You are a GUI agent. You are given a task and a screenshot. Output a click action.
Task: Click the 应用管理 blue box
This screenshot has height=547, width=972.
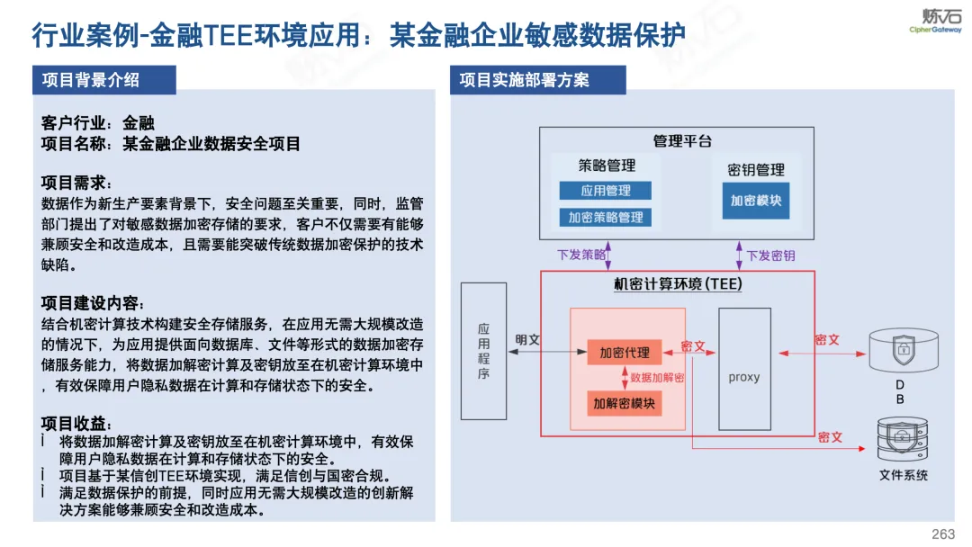pyautogui.click(x=605, y=190)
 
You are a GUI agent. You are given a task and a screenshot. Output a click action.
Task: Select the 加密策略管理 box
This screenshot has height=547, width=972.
pyautogui.click(x=605, y=218)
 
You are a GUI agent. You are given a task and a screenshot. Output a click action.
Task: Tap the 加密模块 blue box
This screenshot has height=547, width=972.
pyautogui.click(x=756, y=200)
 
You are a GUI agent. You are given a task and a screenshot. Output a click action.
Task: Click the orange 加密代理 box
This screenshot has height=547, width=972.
pyautogui.click(x=625, y=353)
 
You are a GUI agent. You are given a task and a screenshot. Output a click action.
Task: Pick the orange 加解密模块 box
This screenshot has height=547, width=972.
pyautogui.click(x=625, y=403)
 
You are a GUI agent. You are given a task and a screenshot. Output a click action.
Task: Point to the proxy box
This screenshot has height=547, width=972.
pyautogui.click(x=744, y=369)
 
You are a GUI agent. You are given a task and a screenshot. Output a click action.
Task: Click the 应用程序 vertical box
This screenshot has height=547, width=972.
pyautogui.click(x=483, y=351)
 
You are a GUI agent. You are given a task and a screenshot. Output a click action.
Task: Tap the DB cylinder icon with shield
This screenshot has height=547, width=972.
pyautogui.click(x=904, y=350)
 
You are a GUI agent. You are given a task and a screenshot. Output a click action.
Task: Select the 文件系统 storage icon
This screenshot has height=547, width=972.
pyautogui.click(x=903, y=439)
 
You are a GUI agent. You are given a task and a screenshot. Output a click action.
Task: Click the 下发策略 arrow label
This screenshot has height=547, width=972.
pyautogui.click(x=580, y=255)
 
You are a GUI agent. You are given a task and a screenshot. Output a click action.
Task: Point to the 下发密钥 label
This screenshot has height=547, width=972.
pyautogui.click(x=770, y=256)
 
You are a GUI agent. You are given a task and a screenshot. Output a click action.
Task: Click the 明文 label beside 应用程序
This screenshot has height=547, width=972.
pyautogui.click(x=527, y=339)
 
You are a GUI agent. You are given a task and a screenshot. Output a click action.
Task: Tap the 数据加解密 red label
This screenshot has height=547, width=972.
pyautogui.click(x=657, y=377)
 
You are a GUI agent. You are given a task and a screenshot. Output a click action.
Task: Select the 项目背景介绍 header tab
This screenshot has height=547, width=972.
pyautogui.click(x=104, y=80)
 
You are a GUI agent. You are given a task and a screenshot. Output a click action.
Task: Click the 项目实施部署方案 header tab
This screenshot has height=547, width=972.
pyautogui.click(x=537, y=80)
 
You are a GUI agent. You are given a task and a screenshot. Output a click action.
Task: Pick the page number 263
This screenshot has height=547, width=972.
pyautogui.click(x=943, y=534)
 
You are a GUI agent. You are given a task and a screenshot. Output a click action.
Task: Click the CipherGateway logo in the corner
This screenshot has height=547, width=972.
pyautogui.click(x=936, y=21)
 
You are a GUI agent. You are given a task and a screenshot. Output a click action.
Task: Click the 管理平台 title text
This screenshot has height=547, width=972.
pyautogui.click(x=682, y=141)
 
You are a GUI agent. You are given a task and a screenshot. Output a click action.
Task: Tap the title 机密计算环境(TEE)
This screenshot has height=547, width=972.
pyautogui.click(x=678, y=283)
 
